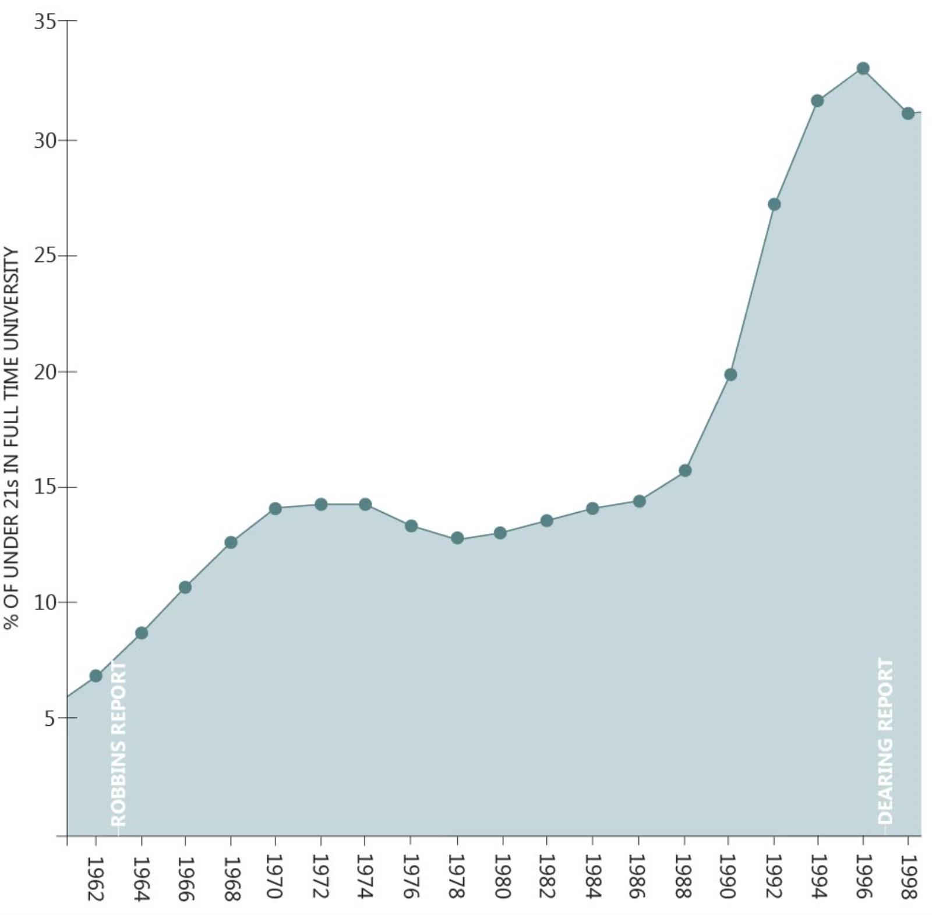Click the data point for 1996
point(863,69)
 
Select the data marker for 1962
point(96,676)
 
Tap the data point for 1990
point(730,375)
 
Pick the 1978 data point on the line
point(457,538)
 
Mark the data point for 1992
point(774,204)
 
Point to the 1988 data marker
point(685,470)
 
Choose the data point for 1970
point(276,509)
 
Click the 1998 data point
point(908,114)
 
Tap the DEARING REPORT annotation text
point(885,740)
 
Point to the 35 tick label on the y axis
point(44,22)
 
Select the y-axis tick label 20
point(44,372)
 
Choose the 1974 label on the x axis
point(365,877)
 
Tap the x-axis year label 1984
point(593,877)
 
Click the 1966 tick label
point(185,877)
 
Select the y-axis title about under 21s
point(12,438)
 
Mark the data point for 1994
point(817,101)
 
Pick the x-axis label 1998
point(908,877)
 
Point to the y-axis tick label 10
point(44,603)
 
